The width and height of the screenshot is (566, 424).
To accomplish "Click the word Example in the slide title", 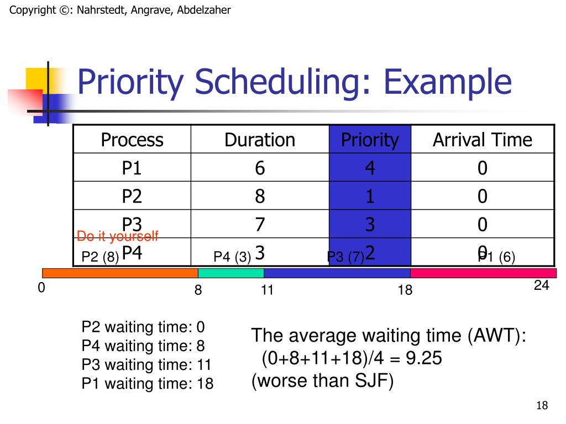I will (x=448, y=82).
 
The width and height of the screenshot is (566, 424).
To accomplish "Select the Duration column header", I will (x=260, y=140).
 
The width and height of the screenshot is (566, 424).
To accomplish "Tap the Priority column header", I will (x=370, y=140).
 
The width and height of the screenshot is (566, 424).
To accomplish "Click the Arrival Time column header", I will (x=482, y=140).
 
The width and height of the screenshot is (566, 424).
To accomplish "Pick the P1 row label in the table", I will (x=132, y=168).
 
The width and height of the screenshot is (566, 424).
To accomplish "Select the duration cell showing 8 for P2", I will (x=260, y=196).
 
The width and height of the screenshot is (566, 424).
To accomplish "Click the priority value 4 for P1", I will (x=370, y=168).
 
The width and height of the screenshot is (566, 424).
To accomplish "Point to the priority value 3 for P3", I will (x=370, y=225).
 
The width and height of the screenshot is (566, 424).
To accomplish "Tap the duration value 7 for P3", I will (x=260, y=225).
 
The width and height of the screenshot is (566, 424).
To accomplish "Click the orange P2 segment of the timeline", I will (x=120, y=273).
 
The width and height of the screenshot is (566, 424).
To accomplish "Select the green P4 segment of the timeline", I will (x=230, y=273).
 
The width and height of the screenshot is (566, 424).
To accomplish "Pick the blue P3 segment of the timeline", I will (x=337, y=273).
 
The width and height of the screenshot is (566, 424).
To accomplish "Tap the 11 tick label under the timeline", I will (x=268, y=290).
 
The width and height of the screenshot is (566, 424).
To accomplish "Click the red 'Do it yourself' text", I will (x=117, y=237).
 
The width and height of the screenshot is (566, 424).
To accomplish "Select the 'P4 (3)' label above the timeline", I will (x=233, y=257).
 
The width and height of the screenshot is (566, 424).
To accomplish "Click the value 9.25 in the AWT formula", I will (x=424, y=359).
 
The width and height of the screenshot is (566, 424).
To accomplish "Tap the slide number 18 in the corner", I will (x=542, y=406).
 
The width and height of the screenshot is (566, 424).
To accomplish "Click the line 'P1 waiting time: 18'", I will (x=147, y=384).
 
